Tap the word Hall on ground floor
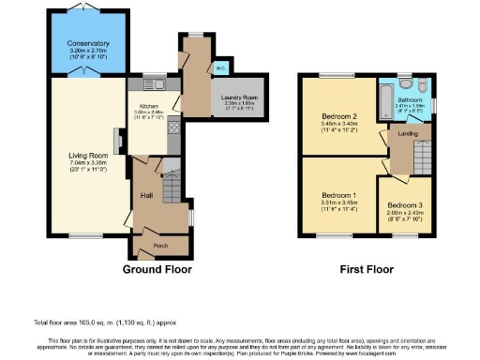[x=146, y=195]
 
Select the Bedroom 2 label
[x=335, y=117]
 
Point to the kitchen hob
[x=172, y=127]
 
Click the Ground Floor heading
[x=157, y=268]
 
